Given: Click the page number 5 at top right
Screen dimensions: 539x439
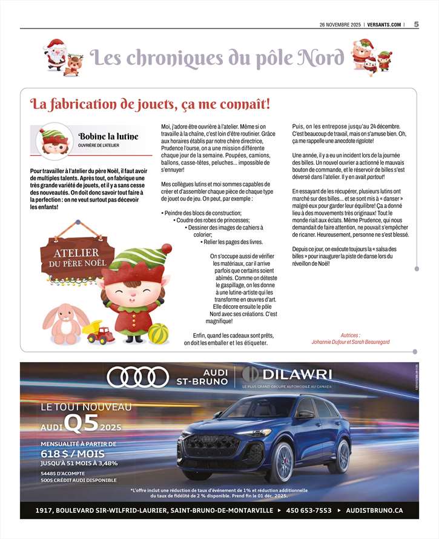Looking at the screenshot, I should click(x=417, y=24).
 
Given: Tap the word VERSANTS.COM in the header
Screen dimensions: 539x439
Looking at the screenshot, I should click(x=383, y=25).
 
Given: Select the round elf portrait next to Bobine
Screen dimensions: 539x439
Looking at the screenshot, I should click(x=54, y=141).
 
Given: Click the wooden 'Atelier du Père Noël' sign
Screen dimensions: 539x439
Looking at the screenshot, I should click(x=77, y=257).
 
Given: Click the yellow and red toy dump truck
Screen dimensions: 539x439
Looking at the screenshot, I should click(x=99, y=332).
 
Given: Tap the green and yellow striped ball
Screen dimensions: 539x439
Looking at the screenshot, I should click(x=158, y=333).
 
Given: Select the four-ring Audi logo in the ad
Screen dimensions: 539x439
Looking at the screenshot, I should click(x=137, y=377).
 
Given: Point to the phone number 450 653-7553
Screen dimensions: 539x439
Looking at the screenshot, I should click(x=309, y=511).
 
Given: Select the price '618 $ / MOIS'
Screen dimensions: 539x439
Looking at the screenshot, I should click(x=73, y=454).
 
